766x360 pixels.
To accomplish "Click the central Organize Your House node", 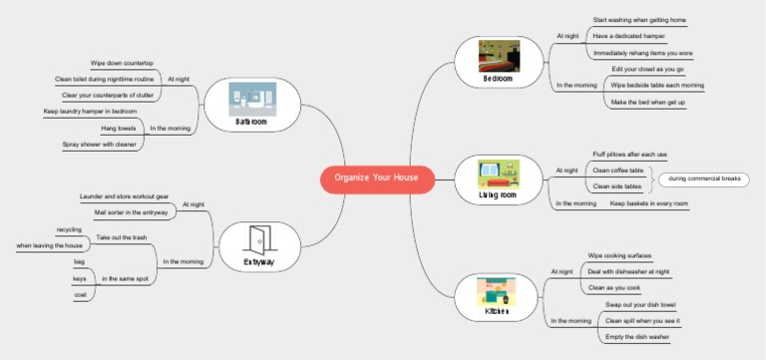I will coord(377,179).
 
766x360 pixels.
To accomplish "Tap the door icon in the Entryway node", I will coord(258,239).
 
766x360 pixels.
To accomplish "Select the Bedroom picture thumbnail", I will coord(499,54).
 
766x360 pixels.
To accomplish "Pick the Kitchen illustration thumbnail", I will coord(496,290).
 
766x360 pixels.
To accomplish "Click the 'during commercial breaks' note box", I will coord(704,179).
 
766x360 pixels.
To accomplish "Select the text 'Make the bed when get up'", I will coord(647,102).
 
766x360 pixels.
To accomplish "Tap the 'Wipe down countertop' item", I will coord(122,63).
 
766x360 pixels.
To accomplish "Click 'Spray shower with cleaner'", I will coord(100,145).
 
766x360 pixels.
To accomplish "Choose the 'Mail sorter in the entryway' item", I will coord(131,212).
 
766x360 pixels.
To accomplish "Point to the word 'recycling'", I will coord(70,229).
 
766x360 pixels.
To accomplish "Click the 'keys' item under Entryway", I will coord(80,278).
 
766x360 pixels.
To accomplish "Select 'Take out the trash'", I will coord(122,237).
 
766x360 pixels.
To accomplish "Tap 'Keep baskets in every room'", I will coord(648,203).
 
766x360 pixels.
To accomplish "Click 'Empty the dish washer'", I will coord(637,337).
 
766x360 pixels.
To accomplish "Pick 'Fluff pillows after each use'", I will coord(629,155).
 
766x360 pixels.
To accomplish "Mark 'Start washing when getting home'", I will coord(639,20).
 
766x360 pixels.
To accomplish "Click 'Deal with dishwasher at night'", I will coord(628,271).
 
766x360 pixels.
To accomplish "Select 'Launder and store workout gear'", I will coord(125,196).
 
